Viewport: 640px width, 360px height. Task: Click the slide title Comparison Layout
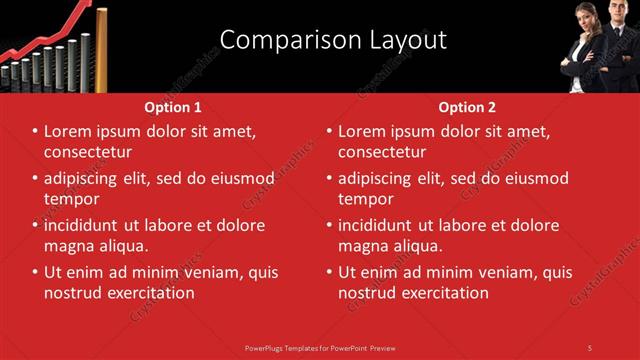[333, 40]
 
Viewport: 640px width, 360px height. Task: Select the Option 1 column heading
[173, 107]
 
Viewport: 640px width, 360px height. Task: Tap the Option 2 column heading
[467, 107]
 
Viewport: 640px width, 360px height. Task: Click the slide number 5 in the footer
[590, 347]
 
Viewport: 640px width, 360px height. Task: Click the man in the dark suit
[616, 50]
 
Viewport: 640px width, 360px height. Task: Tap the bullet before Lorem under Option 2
[329, 131]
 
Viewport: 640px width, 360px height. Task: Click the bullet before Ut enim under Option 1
[35, 272]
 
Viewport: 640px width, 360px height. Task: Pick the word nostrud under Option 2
[367, 293]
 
